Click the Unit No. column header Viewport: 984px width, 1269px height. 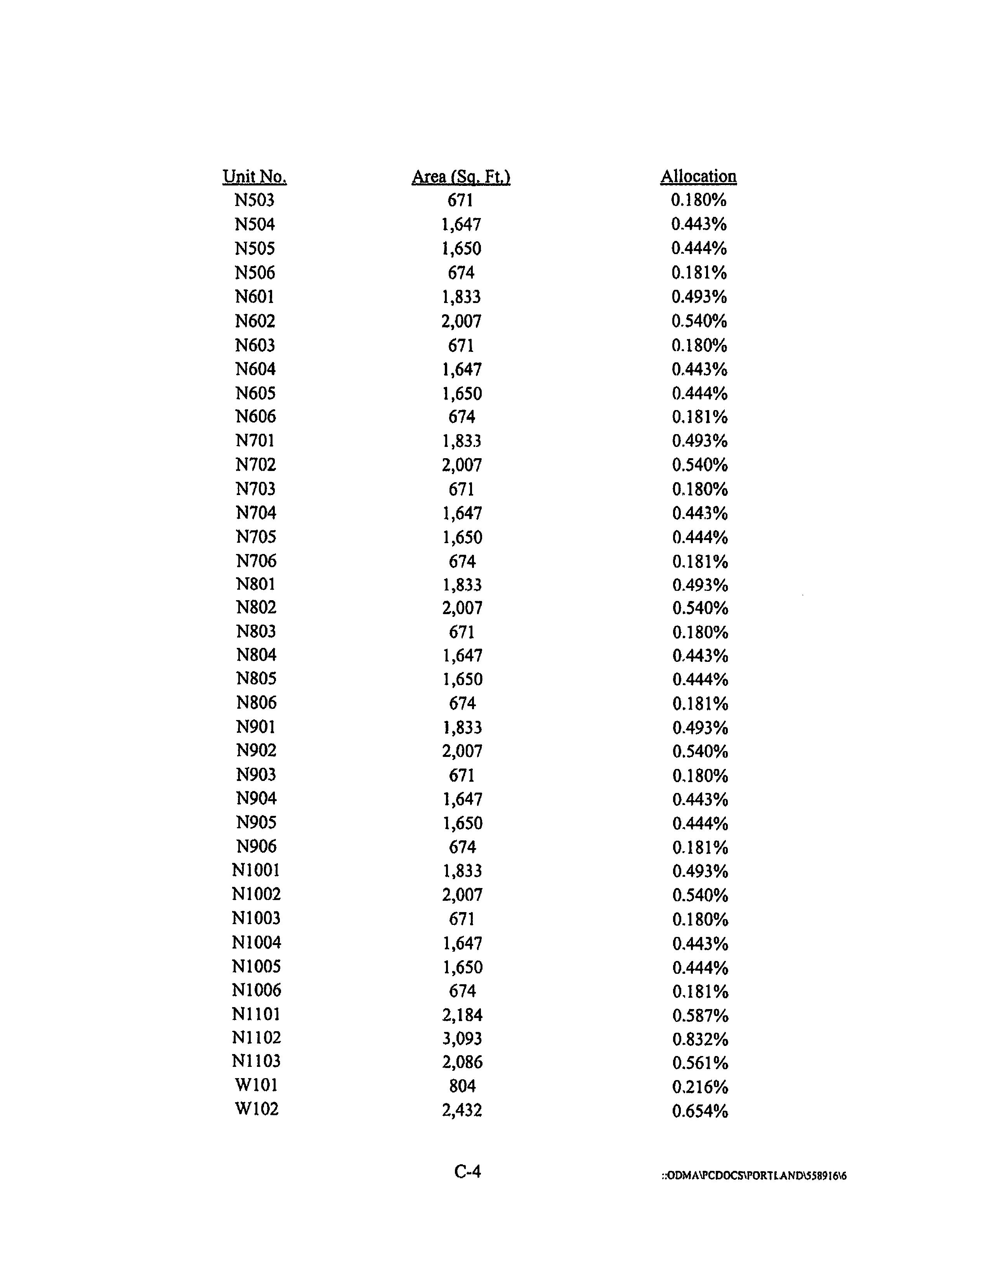[255, 177]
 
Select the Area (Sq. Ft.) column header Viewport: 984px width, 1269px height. [461, 177]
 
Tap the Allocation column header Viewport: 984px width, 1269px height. [698, 177]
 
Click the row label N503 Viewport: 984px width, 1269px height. [255, 201]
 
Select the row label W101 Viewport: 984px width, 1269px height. [256, 1085]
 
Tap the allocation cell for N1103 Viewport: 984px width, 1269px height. [700, 1063]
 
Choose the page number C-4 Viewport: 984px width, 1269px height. [467, 1171]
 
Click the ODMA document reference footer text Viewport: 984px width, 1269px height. [753, 1176]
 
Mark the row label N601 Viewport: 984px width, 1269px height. [255, 297]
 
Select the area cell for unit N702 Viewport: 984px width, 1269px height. [462, 465]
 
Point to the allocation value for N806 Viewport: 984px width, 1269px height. [700, 704]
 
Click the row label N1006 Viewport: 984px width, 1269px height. [256, 990]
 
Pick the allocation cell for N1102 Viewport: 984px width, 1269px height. [700, 1039]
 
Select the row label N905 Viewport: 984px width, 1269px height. [256, 822]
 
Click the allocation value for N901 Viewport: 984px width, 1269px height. [700, 727]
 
